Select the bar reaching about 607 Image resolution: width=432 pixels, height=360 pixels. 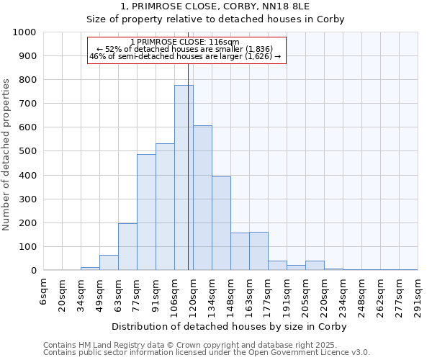[x=202, y=198]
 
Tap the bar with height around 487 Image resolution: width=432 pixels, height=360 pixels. [x=146, y=212]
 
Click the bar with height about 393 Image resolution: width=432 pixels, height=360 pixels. [x=221, y=223]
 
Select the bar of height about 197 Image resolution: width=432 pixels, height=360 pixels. [x=127, y=247]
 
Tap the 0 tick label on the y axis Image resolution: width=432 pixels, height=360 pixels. [x=34, y=271]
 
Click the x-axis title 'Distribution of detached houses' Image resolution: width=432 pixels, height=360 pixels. [x=230, y=326]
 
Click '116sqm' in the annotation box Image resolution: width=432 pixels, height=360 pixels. [x=225, y=42]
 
